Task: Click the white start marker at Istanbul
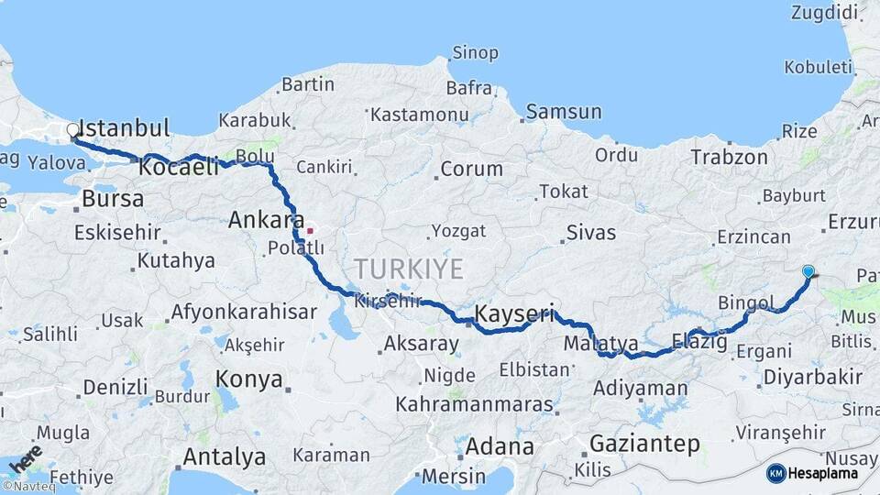point(72,131)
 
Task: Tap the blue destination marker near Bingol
point(808,272)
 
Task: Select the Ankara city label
point(266,220)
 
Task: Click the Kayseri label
point(514,314)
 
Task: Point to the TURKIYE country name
point(409,269)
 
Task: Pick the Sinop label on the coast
point(477,54)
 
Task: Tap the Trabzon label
point(729,157)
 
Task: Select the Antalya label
point(225,456)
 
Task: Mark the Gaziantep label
point(644,444)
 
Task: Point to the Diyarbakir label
point(813,377)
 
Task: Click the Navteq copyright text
point(28,487)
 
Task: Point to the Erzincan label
point(753,237)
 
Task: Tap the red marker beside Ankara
point(311,231)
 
